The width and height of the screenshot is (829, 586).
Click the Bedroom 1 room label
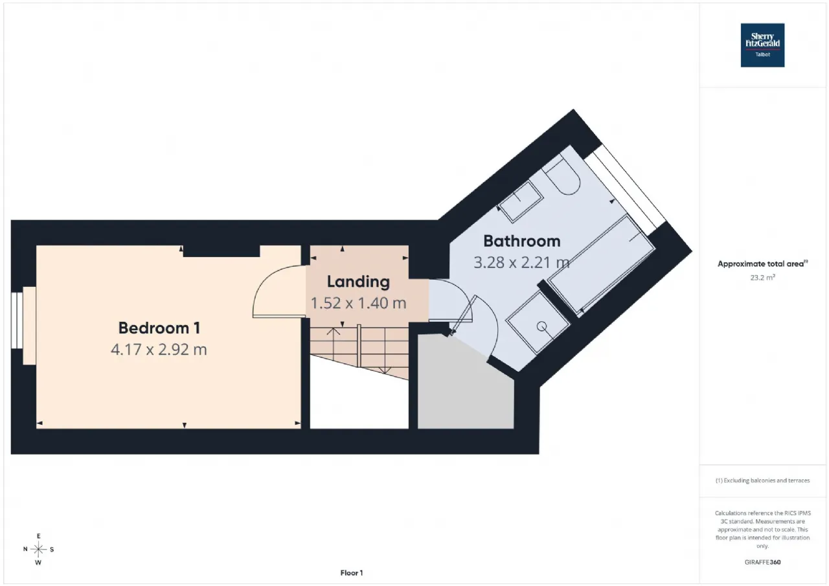pyautogui.click(x=159, y=328)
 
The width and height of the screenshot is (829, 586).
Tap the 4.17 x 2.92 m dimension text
pyautogui.click(x=159, y=349)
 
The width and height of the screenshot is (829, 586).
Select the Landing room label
pyautogui.click(x=358, y=282)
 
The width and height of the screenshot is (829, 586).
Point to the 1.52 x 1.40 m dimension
pyautogui.click(x=358, y=303)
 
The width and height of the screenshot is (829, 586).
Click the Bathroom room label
pyautogui.click(x=522, y=241)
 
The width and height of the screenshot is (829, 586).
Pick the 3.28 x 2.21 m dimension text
pyautogui.click(x=521, y=262)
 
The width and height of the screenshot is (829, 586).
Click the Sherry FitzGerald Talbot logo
pyautogui.click(x=762, y=45)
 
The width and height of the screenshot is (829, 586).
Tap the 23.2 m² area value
pyautogui.click(x=762, y=278)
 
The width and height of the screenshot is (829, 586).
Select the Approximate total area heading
pyautogui.click(x=762, y=264)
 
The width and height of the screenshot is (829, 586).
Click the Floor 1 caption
pyautogui.click(x=352, y=572)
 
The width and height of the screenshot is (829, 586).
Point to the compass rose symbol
pyautogui.click(x=38, y=549)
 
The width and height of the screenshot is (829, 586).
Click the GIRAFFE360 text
pyautogui.click(x=762, y=562)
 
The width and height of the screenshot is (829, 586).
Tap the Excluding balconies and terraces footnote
pyautogui.click(x=762, y=480)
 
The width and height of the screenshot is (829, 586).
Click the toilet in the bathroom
pyautogui.click(x=561, y=175)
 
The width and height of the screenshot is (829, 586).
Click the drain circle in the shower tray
pyautogui.click(x=542, y=326)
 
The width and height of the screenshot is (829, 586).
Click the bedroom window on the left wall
pyautogui.click(x=17, y=321)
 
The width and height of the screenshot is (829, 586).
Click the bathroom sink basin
pyautogui.click(x=520, y=202)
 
